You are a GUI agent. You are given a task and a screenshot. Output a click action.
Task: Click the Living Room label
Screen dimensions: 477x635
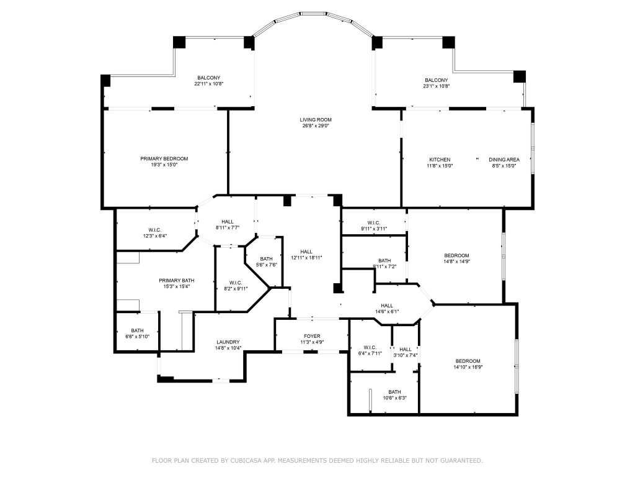[x=315, y=119]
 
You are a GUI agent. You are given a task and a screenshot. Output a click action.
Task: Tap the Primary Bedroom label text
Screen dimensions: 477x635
[x=164, y=158]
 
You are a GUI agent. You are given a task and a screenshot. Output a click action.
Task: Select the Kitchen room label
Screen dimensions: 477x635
[x=440, y=159]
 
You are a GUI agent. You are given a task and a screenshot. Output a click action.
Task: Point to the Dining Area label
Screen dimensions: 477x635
[x=504, y=159]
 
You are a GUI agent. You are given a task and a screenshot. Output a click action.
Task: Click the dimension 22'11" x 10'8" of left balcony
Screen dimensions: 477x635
[x=210, y=84]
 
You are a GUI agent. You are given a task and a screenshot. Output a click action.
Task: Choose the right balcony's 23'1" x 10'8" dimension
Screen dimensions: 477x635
[x=437, y=86]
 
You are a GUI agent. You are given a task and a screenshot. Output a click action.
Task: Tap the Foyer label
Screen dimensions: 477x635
[x=311, y=335]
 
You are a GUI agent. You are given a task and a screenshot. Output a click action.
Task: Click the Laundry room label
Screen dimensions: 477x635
[x=228, y=342]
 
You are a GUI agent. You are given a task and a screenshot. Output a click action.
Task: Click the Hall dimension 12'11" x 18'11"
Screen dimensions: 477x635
[x=306, y=257]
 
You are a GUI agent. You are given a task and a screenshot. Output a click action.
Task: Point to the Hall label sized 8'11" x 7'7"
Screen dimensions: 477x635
[x=228, y=222]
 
